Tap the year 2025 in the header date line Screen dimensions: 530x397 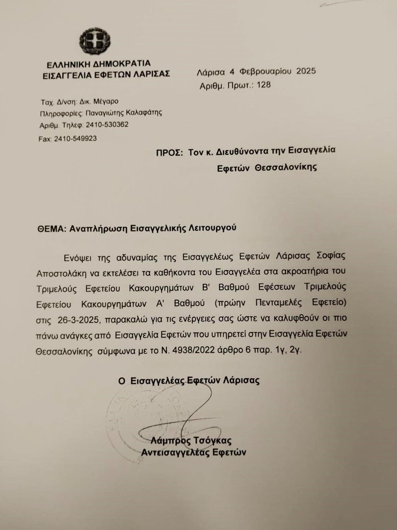[x=306, y=71]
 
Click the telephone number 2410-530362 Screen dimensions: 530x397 [x=107, y=125]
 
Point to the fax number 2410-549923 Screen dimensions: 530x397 [x=75, y=138]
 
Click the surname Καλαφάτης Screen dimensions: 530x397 [x=144, y=113]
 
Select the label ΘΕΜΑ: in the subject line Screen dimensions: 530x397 [x=50, y=228]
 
